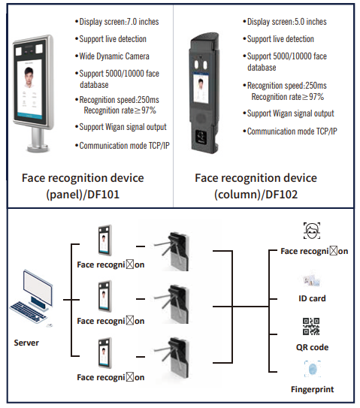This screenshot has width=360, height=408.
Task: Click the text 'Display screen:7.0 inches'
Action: point(119,22)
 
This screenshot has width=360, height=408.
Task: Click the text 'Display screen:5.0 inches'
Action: point(287,22)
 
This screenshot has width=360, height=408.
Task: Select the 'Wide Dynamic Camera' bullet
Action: point(114,56)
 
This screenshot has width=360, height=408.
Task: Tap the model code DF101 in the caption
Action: point(104,195)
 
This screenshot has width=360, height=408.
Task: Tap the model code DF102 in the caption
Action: point(282,195)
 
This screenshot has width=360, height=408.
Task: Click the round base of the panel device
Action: point(38,149)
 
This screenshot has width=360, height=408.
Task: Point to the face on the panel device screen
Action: point(29,77)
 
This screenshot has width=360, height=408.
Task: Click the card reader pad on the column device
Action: point(201,137)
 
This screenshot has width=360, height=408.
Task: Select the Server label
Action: point(26,343)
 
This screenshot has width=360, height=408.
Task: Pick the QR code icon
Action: point(311,326)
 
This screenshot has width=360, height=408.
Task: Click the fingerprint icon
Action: point(313,369)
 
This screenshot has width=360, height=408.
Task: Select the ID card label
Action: point(312,298)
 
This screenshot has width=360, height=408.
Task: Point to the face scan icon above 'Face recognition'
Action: point(312,231)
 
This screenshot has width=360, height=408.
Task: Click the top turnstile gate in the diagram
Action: point(173,252)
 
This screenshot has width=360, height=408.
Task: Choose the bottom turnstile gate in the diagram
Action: point(173,357)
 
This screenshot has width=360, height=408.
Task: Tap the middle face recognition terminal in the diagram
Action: point(105,296)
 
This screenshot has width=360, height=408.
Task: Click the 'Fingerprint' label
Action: point(313,389)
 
